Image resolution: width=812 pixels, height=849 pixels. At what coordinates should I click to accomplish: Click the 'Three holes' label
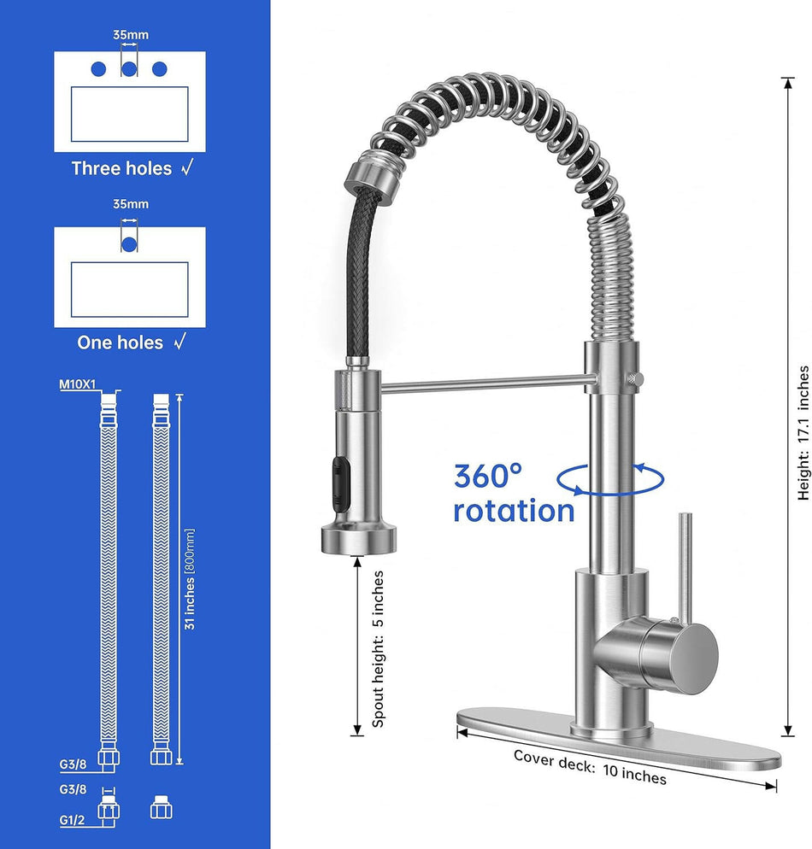tap(121, 168)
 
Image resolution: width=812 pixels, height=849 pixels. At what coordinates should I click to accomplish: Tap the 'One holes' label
tap(120, 343)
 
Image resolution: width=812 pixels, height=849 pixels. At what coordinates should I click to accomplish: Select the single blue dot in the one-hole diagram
tap(129, 244)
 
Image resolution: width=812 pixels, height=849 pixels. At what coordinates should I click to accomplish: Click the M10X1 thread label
tap(78, 384)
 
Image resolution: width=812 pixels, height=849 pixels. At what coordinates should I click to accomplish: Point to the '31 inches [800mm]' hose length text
tap(190, 579)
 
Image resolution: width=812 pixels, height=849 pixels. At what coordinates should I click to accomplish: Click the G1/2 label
tap(72, 820)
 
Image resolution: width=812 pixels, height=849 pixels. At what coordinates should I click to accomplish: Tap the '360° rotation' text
tap(514, 494)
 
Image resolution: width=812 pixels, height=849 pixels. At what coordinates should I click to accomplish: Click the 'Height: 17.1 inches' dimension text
tap(803, 433)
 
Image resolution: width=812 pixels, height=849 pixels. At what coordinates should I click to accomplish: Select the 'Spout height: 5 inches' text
tap(378, 649)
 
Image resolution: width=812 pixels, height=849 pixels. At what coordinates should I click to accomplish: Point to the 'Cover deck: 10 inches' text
tap(590, 767)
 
